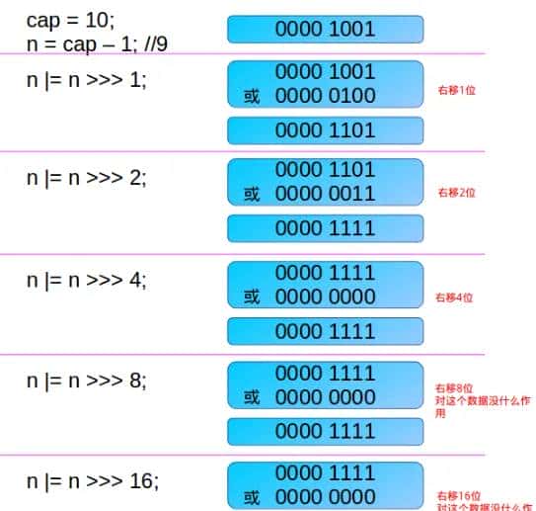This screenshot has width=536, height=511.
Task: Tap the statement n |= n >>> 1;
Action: click(x=86, y=80)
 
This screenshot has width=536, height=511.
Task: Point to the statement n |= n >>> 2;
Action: click(x=86, y=178)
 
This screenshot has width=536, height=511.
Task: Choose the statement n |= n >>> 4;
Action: click(x=86, y=280)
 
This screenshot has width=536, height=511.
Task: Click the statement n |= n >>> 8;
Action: click(x=86, y=380)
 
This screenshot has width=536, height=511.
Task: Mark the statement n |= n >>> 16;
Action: click(x=91, y=481)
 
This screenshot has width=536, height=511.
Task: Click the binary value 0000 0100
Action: click(x=325, y=96)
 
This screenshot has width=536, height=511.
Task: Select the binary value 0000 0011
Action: click(x=325, y=194)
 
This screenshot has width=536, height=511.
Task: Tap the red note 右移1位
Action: click(x=455, y=91)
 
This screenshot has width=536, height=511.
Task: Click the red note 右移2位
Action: click(x=455, y=193)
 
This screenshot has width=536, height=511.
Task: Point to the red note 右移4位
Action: click(x=455, y=297)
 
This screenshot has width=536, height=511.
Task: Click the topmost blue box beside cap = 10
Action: click(x=325, y=30)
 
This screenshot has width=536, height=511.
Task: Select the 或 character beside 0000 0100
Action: click(x=252, y=97)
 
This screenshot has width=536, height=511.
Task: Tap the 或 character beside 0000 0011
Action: click(x=252, y=195)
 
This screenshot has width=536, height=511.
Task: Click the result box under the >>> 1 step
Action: click(x=325, y=130)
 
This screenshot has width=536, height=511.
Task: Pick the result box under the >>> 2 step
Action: click(x=325, y=228)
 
